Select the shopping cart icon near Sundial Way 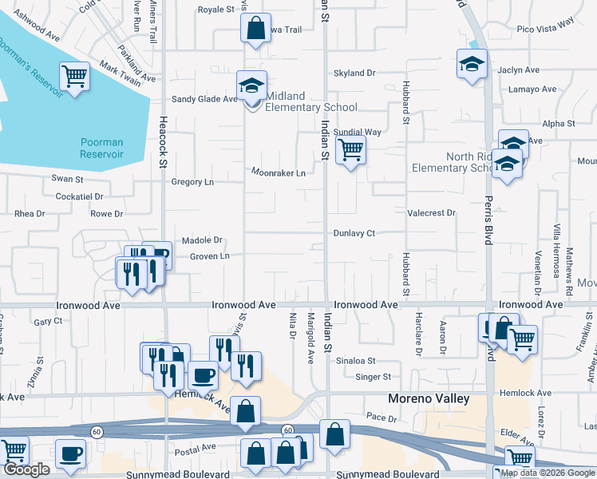350,149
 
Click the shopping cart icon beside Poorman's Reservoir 74,77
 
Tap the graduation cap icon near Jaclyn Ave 472,63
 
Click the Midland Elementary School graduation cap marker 251,85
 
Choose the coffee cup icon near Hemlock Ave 203,374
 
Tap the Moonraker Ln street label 279,172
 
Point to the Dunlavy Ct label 354,233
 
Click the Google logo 26,470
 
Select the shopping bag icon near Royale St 255,30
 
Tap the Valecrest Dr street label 431,213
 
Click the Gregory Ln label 192,182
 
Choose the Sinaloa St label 355,361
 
